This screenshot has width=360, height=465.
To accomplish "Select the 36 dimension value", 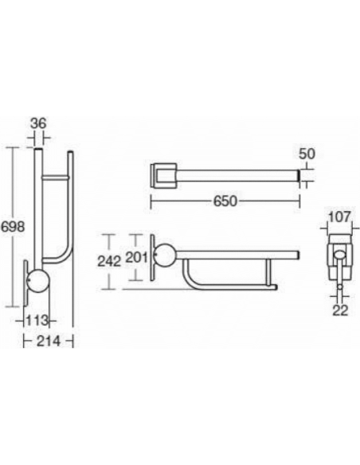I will click(x=37, y=123).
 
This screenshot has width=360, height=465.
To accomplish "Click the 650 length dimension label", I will click(x=225, y=201).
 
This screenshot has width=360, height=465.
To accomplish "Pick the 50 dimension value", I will click(x=307, y=152).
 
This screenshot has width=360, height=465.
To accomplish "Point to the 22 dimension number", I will click(x=341, y=310).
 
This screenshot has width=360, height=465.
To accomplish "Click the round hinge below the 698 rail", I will click(x=39, y=283).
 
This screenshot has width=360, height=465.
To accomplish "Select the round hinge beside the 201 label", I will click(x=165, y=256).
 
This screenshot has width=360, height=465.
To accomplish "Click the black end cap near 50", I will click(x=299, y=174).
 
